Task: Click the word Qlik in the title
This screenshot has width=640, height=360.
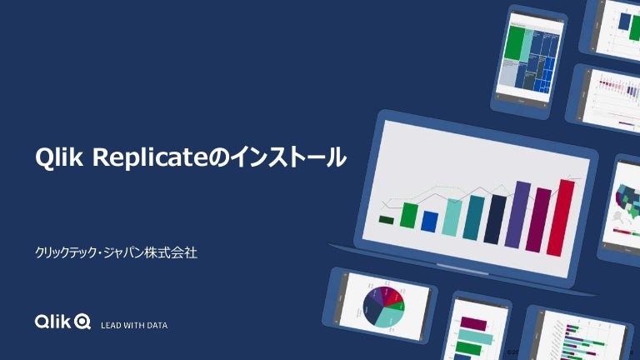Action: [61, 157]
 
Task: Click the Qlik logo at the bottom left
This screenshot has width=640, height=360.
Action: [62, 322]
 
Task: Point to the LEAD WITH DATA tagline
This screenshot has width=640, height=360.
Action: [134, 324]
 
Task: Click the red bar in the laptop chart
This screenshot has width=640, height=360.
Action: [566, 217]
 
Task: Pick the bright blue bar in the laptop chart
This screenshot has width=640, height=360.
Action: [430, 221]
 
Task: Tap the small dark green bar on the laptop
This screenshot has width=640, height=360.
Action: [387, 220]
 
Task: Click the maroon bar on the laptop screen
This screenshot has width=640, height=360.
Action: [543, 221]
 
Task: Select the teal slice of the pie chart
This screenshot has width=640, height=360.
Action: [388, 317]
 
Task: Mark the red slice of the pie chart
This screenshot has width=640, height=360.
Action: [394, 297]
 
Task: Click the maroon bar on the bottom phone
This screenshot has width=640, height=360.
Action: [472, 323]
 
